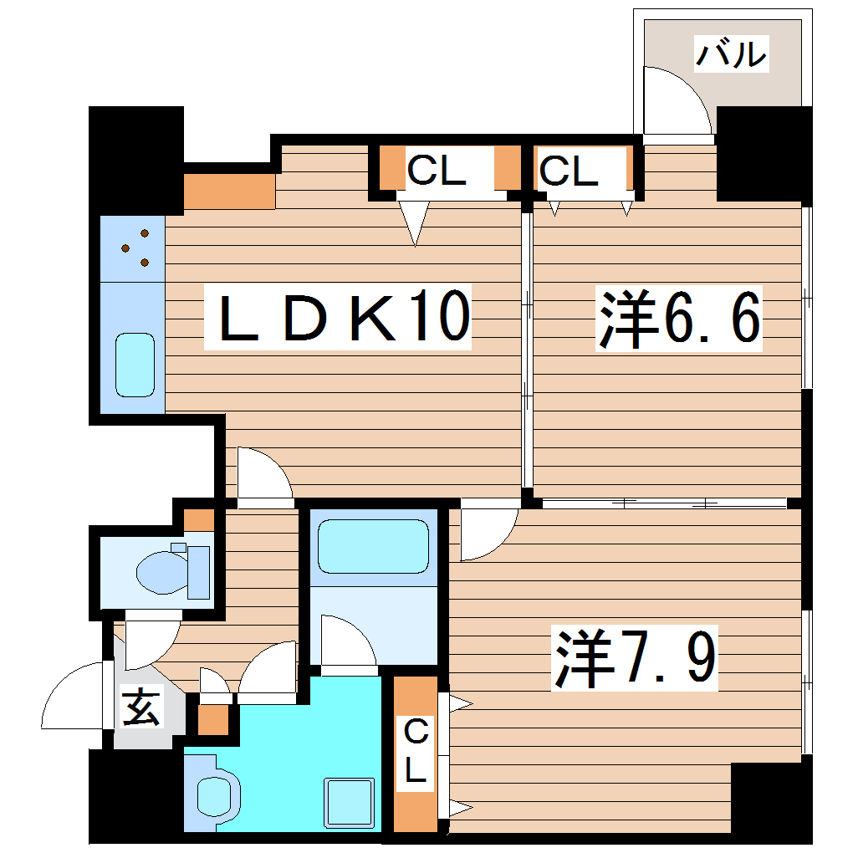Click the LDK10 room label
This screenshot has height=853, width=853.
tap(339, 318)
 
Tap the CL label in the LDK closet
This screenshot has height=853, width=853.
tap(436, 171)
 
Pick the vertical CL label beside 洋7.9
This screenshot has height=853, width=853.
tap(416, 753)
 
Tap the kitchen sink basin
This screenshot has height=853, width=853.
tap(135, 365)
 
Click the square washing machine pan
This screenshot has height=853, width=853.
tap(350, 802)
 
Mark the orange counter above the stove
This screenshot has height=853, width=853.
tap(229, 192)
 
